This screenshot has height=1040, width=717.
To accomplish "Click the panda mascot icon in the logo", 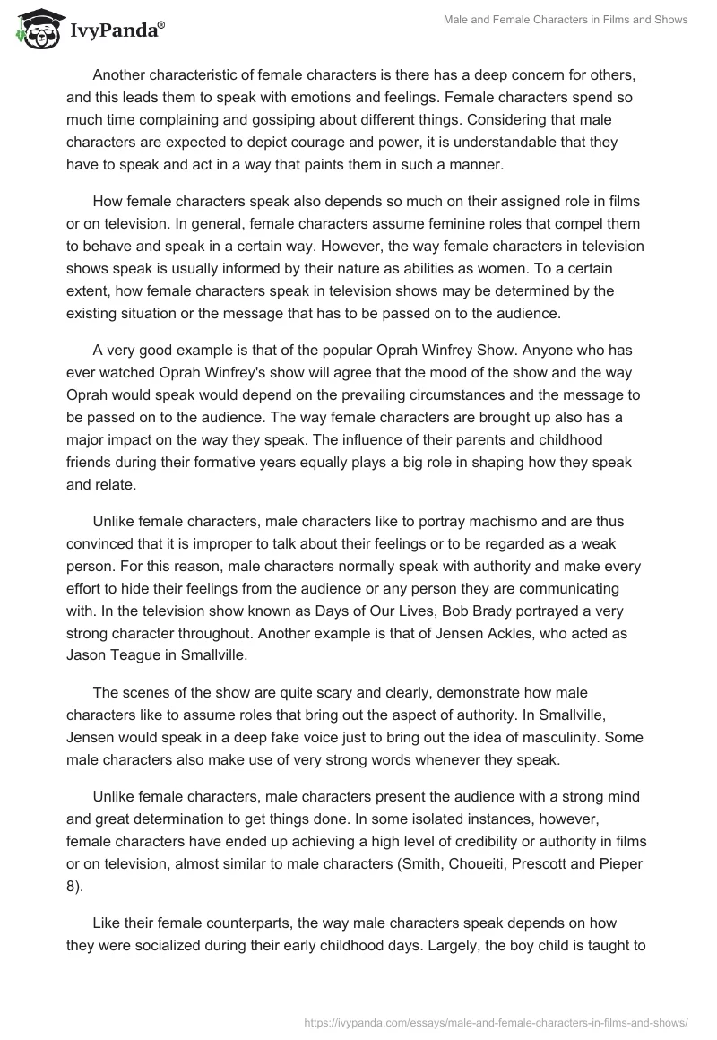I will [x=33, y=30].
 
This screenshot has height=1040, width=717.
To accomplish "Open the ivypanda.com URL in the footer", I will [x=497, y=1021].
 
